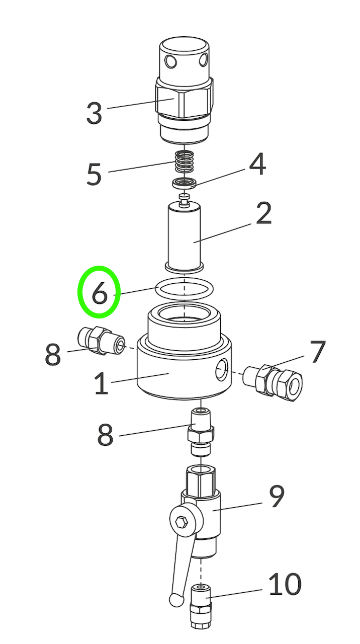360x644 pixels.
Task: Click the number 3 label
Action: (94, 113)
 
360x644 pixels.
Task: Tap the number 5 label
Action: (94, 174)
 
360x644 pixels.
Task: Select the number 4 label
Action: (257, 164)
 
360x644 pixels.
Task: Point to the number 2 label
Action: (263, 213)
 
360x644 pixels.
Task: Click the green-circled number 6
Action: (99, 293)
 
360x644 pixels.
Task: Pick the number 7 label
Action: (318, 352)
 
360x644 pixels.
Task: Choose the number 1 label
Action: (101, 384)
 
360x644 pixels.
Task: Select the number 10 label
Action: (285, 585)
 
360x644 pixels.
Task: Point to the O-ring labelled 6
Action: (185, 289)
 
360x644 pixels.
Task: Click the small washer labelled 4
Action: (184, 183)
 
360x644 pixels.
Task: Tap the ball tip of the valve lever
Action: (175, 599)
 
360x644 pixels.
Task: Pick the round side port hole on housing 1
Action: (220, 372)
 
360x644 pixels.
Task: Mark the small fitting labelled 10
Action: (201, 606)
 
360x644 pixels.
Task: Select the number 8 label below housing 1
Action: (105, 435)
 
